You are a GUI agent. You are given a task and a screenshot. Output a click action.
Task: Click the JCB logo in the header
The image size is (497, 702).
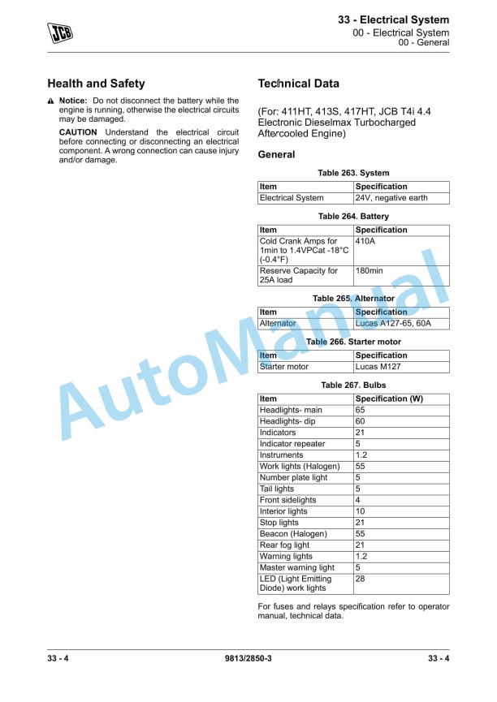click(x=59, y=32)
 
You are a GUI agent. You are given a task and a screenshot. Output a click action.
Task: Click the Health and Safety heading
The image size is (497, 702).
click(x=96, y=84)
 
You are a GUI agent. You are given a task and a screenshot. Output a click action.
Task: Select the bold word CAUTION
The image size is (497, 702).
click(x=78, y=132)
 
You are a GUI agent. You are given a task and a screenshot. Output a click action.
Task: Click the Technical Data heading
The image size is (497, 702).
click(x=298, y=84)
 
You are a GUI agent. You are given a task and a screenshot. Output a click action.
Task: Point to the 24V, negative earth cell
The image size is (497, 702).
click(x=391, y=198)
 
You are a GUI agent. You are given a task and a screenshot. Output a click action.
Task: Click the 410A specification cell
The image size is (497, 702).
click(x=366, y=241)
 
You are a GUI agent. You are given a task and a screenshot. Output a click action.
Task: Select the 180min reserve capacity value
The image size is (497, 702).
click(x=370, y=271)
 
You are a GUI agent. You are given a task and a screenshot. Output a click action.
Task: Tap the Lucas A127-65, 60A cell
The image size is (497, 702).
click(x=393, y=323)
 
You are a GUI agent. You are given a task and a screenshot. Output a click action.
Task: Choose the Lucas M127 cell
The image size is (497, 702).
click(x=378, y=367)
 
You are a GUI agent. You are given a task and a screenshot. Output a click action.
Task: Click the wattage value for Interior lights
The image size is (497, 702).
click(x=361, y=512)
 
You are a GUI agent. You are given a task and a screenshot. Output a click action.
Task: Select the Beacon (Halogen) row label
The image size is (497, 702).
click(x=293, y=534)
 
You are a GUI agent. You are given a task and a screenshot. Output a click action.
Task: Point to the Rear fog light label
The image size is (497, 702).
click(x=284, y=545)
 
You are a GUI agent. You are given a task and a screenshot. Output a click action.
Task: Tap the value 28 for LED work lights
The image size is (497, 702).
click(x=361, y=579)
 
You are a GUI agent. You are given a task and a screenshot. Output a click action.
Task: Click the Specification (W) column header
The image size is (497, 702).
click(x=389, y=399)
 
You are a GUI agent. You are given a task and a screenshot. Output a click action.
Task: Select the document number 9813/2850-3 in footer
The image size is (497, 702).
click(x=248, y=658)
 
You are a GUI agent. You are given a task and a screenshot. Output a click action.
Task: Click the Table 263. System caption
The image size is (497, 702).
click(x=353, y=173)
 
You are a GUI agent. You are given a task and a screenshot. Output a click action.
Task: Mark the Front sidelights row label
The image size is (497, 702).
click(x=287, y=501)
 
